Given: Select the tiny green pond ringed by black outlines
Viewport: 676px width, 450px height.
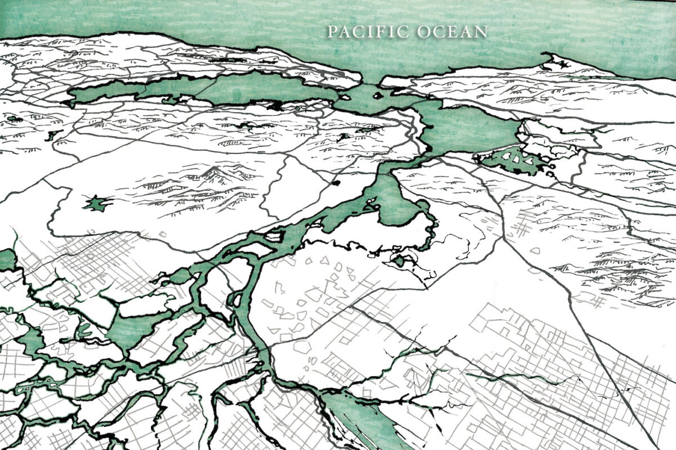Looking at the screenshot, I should [399, 260].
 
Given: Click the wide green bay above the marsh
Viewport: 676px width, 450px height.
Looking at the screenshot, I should [468, 127].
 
